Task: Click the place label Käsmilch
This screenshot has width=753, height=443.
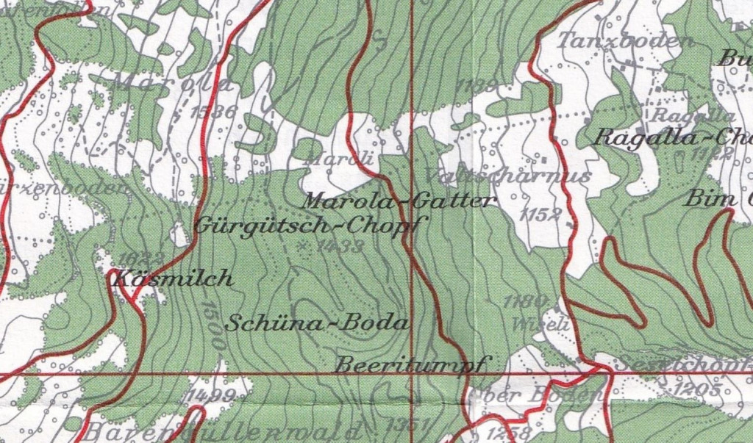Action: tap(172, 279)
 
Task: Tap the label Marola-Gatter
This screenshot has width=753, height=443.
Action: tap(400, 200)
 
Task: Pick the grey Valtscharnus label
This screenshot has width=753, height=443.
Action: tap(507, 176)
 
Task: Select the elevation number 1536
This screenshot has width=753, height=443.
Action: tap(212, 112)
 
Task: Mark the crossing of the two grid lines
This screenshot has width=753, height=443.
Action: tap(411, 374)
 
